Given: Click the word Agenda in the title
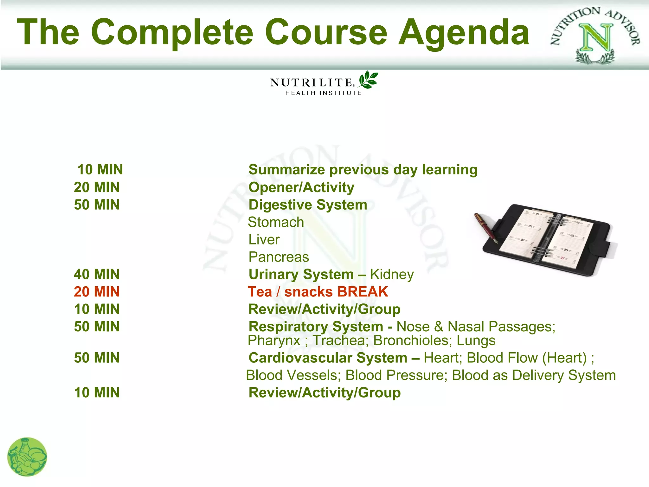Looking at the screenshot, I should pyautogui.click(x=463, y=33).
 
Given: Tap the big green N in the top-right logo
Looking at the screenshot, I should pyautogui.click(x=596, y=38).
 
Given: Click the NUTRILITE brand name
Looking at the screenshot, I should pyautogui.click(x=311, y=83).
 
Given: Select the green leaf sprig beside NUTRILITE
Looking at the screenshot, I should pyautogui.click(x=368, y=80).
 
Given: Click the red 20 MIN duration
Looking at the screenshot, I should pyautogui.click(x=97, y=292).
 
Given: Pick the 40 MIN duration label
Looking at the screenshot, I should pyautogui.click(x=97, y=274).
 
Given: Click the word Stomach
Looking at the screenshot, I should pyautogui.click(x=276, y=222).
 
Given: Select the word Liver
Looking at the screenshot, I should pyautogui.click(x=264, y=240).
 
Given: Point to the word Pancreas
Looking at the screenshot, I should pyautogui.click(x=279, y=257).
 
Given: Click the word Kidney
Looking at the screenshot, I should pyautogui.click(x=392, y=275).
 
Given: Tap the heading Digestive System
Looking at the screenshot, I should pyautogui.click(x=308, y=205).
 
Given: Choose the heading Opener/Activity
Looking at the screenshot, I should pyautogui.click(x=301, y=187).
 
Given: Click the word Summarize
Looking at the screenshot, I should pyautogui.click(x=286, y=170).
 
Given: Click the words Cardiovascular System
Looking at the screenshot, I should pyautogui.click(x=328, y=358).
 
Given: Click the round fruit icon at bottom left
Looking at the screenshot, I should pyautogui.click(x=27, y=457).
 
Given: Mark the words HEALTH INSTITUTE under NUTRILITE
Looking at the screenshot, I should pyautogui.click(x=323, y=93).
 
